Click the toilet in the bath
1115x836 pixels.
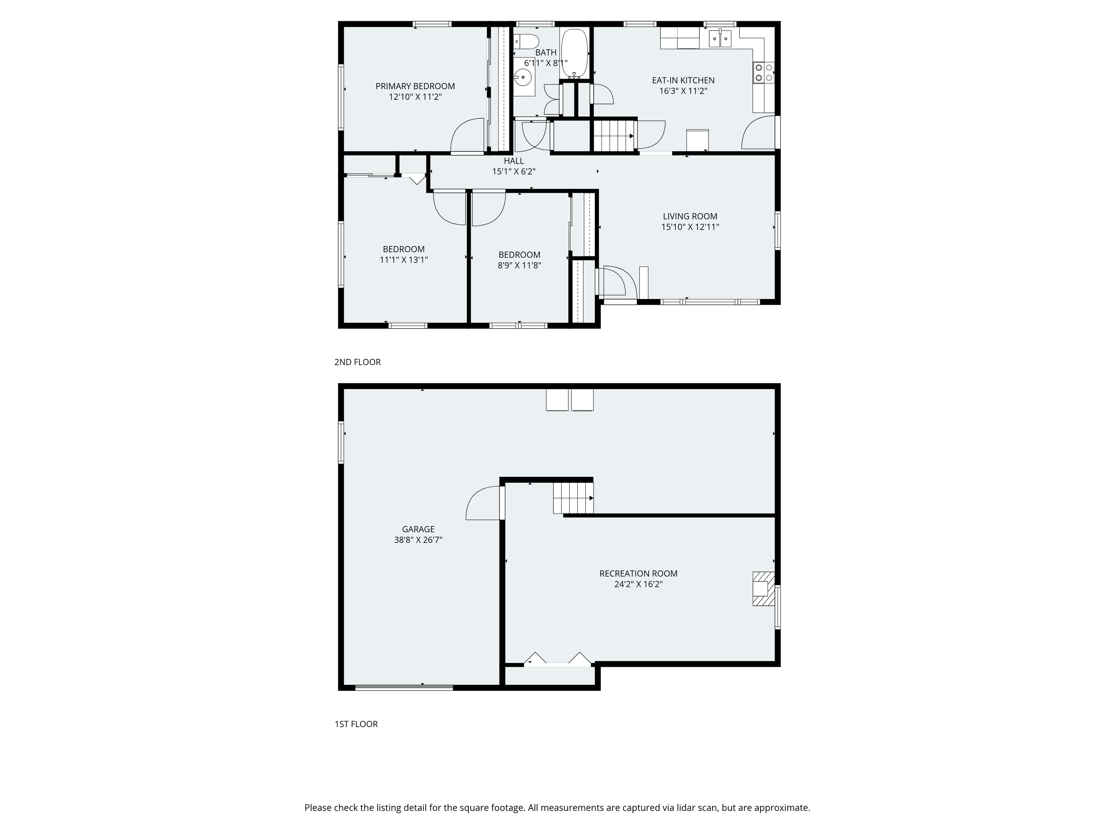point(526,41)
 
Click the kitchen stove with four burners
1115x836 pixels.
point(764,72)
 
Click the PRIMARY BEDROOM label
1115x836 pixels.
point(415,86)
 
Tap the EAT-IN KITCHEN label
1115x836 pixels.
point(683,80)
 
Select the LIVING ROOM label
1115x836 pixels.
point(690,216)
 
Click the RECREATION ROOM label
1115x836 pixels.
point(638,573)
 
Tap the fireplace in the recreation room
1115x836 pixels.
point(763,588)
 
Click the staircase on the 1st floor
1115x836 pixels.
point(573,498)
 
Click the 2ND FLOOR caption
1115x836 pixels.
point(358,362)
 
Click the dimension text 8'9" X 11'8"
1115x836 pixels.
point(520,266)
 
